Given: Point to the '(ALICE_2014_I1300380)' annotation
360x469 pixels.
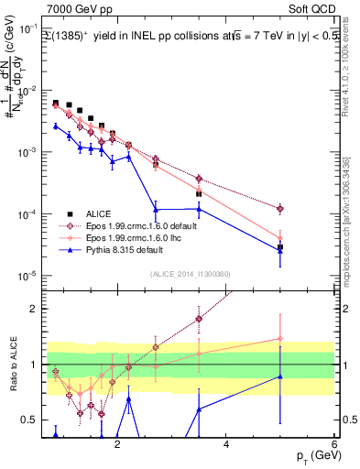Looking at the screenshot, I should click(x=190, y=273).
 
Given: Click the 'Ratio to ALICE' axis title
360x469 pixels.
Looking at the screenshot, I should click(x=12, y=364).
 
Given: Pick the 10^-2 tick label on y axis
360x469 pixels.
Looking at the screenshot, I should click(x=27, y=91).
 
